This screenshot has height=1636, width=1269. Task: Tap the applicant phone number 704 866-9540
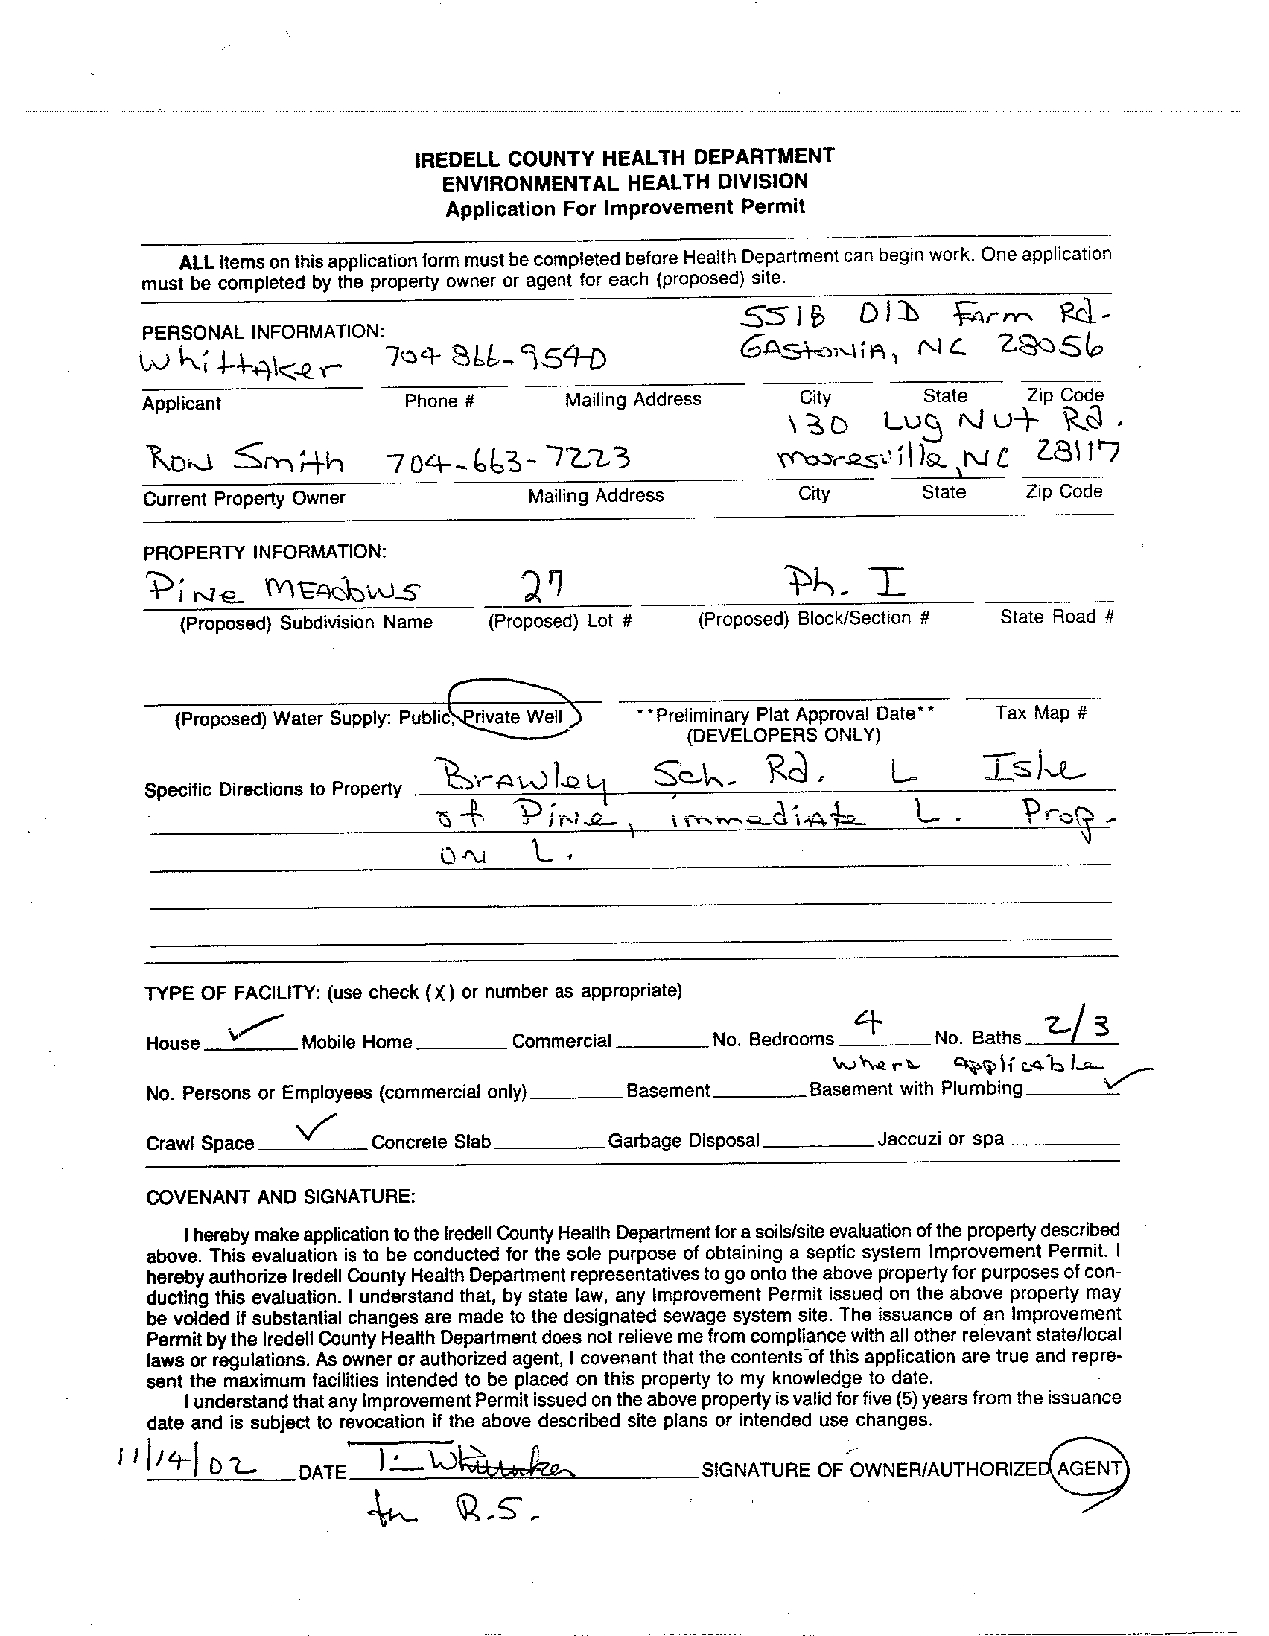click(x=494, y=360)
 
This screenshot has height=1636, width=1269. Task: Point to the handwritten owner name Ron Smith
click(x=244, y=459)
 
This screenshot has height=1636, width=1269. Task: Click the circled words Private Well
click(x=513, y=717)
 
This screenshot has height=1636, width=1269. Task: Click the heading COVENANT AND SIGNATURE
click(x=279, y=1197)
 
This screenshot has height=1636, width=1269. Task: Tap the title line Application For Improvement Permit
click(x=625, y=208)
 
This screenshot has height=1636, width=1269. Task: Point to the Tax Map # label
click(x=1040, y=713)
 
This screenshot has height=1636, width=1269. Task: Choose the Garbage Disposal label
click(x=683, y=1141)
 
